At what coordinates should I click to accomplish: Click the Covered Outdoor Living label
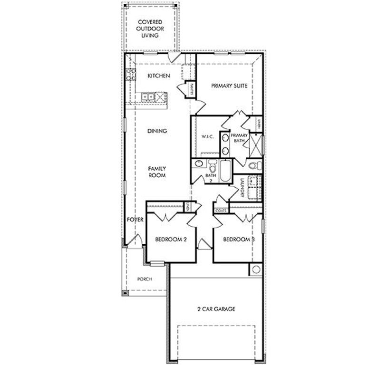(x=150, y=29)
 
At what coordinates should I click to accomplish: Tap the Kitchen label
(x=158, y=76)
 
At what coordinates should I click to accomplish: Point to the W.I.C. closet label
(x=207, y=137)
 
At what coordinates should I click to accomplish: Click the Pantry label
(x=191, y=88)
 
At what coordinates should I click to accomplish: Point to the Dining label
(x=157, y=131)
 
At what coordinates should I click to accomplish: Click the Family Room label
(x=156, y=172)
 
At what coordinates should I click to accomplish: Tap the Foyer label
(x=135, y=219)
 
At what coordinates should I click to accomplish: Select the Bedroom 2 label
(x=170, y=240)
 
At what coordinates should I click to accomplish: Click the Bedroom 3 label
(x=239, y=240)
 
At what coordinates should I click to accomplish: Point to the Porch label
(x=144, y=279)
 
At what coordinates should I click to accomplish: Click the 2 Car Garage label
(x=216, y=309)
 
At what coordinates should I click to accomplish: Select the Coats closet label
(x=221, y=210)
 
